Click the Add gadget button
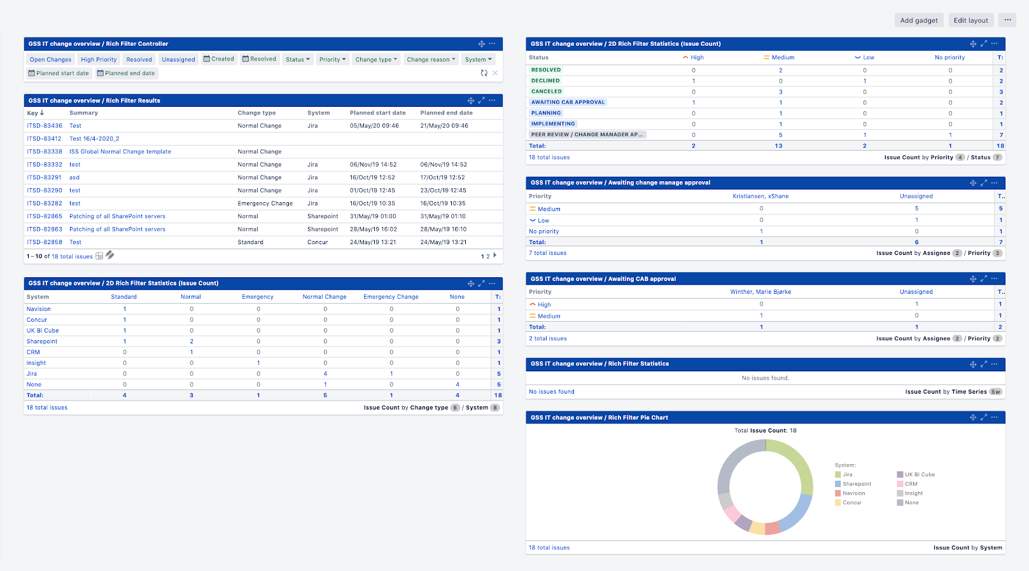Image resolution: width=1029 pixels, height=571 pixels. pos(919,20)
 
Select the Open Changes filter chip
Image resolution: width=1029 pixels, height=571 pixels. pos(50,59)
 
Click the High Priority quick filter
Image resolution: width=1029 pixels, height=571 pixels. pos(99,59)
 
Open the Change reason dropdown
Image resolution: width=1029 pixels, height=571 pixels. pos(431,59)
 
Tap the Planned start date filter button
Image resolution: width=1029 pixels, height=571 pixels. pos(59,73)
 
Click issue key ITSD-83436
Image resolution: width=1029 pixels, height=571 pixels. pos(45,126)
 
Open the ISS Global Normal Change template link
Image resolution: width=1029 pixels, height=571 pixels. pos(120,151)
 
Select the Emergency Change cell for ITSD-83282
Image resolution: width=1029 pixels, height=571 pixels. pos(265,203)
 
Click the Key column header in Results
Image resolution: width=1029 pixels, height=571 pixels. pos(35,113)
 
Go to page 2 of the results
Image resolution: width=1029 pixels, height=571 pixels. pos(488,256)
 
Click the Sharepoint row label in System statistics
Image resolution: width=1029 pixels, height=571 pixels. pos(42,341)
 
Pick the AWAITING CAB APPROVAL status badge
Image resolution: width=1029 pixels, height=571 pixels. pos(568,102)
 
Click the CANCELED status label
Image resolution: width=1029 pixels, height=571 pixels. pos(547,92)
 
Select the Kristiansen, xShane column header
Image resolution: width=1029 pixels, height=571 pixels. pos(760,196)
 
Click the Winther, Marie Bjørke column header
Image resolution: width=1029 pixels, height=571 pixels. pos(760,292)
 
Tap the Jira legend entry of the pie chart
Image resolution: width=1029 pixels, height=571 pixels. pos(847,474)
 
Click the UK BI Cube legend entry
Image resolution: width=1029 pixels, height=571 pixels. pos(920,474)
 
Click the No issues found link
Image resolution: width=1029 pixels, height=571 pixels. pos(552,392)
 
